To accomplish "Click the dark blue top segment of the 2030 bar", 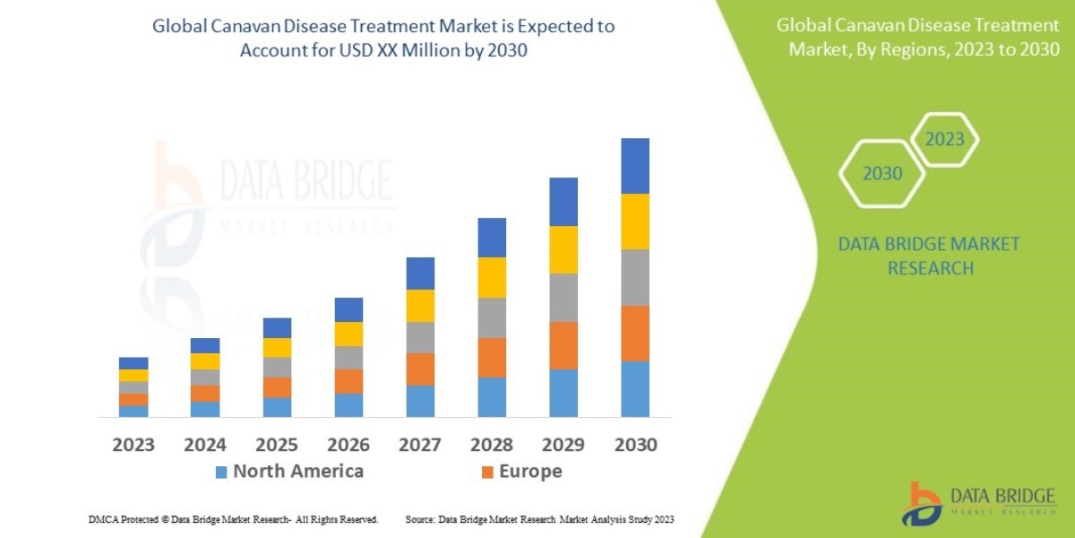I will click(x=635, y=166).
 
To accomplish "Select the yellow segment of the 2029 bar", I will click(x=563, y=249).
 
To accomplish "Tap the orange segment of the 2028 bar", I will click(x=492, y=357).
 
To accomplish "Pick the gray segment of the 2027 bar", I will click(x=420, y=337).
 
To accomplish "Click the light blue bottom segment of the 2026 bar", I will click(x=348, y=405).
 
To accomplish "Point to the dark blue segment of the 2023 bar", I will click(x=133, y=363).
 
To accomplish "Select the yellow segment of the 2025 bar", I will click(x=277, y=347).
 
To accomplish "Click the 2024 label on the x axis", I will click(x=205, y=445).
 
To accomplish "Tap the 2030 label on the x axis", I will click(x=635, y=445).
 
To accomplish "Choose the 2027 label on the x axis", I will click(x=420, y=445).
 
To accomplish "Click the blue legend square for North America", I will click(x=221, y=472).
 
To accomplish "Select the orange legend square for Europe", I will click(x=487, y=472).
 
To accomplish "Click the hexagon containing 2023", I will click(x=944, y=140).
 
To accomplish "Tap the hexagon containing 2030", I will click(x=882, y=174).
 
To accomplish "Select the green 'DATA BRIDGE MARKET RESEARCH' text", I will click(x=929, y=256).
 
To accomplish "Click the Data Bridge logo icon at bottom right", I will click(x=923, y=503).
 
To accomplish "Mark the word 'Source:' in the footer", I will click(x=420, y=519).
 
